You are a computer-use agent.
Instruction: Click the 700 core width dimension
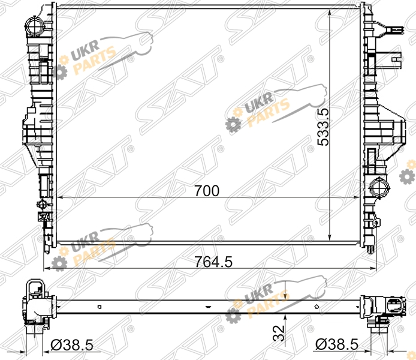tap(207, 191)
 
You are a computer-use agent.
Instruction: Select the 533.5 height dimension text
tap(323, 127)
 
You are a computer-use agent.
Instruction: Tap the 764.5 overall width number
tap(213, 262)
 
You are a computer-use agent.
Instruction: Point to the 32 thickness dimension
tap(279, 334)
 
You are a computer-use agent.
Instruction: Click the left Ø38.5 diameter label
tap(72, 346)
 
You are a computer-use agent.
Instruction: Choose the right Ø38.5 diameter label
tap(337, 344)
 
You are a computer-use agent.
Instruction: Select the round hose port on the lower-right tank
tap(379, 188)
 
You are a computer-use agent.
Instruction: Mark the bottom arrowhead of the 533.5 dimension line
tap(329, 236)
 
